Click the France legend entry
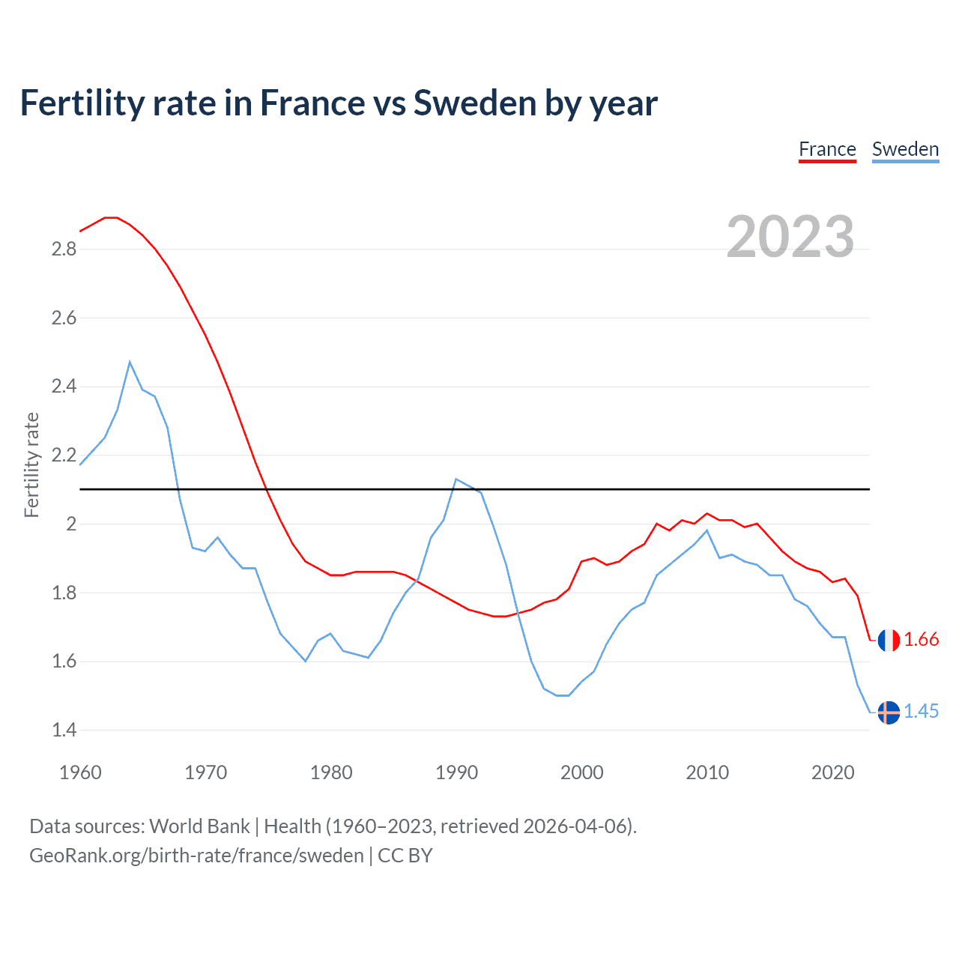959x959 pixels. (x=827, y=149)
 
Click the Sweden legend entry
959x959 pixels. (x=905, y=149)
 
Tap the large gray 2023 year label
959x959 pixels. (x=790, y=237)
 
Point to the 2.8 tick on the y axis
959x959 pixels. (x=64, y=249)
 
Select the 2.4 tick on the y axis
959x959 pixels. (x=64, y=387)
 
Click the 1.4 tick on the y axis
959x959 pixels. (x=64, y=730)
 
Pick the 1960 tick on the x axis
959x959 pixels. (x=80, y=772)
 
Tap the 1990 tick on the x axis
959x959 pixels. (x=456, y=772)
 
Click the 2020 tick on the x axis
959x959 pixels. (x=832, y=772)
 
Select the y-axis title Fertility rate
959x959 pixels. (x=31, y=465)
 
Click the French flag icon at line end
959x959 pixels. (x=889, y=640)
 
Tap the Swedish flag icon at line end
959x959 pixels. (x=889, y=712)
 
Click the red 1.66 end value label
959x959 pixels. (x=921, y=640)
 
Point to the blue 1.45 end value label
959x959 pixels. (x=921, y=712)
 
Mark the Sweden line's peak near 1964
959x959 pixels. (x=130, y=362)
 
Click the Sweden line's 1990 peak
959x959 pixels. (x=456, y=479)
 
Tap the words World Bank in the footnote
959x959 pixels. (x=199, y=826)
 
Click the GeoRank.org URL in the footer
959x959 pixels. (x=196, y=856)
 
